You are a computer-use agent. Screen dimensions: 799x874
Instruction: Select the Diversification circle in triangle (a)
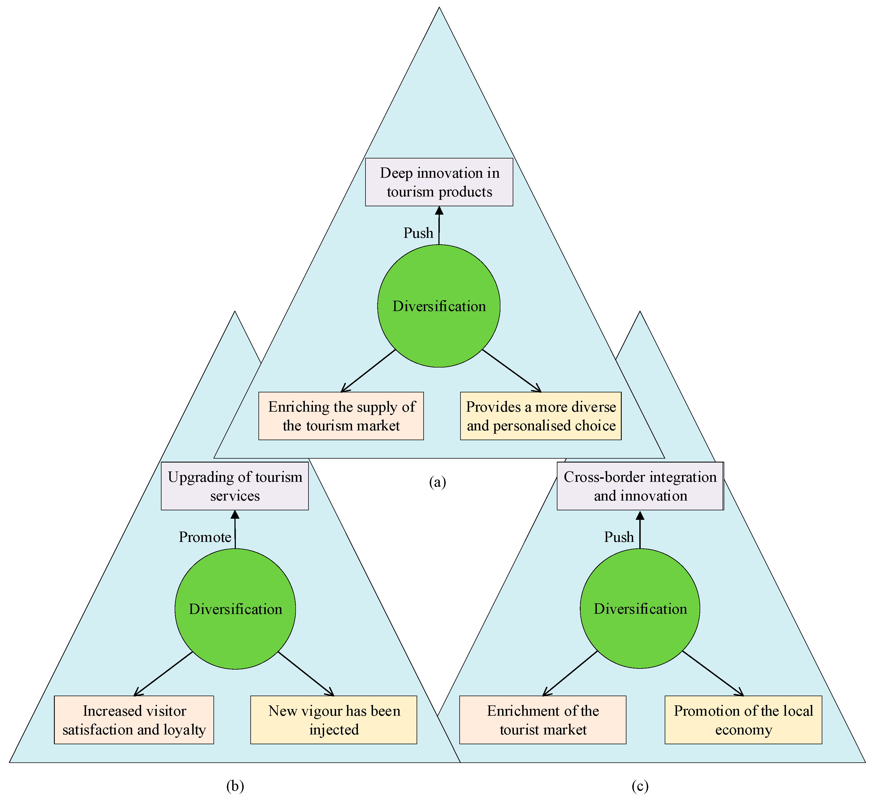point(439,306)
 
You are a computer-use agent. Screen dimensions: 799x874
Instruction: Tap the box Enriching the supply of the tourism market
point(341,416)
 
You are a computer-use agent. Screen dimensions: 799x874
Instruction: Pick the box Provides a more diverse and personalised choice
point(541,416)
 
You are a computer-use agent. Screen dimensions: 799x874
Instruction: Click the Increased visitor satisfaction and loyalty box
point(134,720)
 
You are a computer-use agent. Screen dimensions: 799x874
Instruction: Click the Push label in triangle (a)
point(418,233)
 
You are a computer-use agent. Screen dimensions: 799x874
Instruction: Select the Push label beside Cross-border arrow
point(619,537)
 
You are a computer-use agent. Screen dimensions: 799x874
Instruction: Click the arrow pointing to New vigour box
point(306,674)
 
